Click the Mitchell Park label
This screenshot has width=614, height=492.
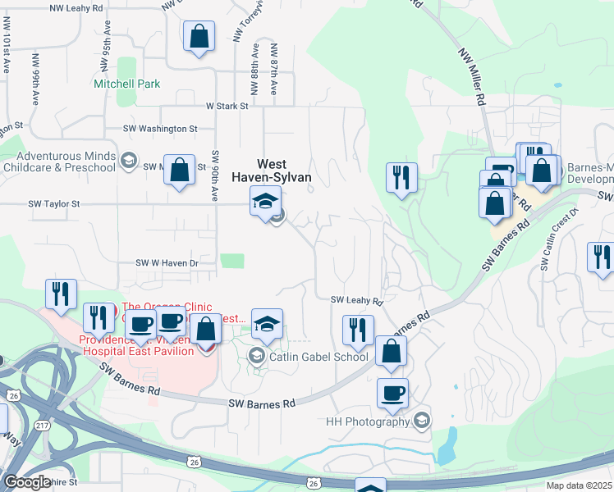126,84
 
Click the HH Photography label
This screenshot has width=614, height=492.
367,421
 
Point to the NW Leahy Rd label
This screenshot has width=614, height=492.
76,7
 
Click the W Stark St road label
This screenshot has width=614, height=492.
227,106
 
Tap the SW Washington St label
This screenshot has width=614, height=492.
160,129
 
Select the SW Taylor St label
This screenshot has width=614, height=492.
54,203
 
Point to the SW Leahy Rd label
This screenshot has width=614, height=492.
357,301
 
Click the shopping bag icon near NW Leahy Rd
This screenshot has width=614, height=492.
199,36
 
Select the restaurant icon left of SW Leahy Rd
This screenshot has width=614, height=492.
357,330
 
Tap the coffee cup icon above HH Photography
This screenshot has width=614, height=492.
392,392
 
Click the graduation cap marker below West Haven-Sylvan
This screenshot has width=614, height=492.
265,201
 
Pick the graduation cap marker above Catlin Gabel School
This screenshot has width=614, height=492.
267,324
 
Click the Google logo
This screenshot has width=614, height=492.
27,482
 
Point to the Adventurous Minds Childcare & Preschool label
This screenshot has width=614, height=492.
66,162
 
